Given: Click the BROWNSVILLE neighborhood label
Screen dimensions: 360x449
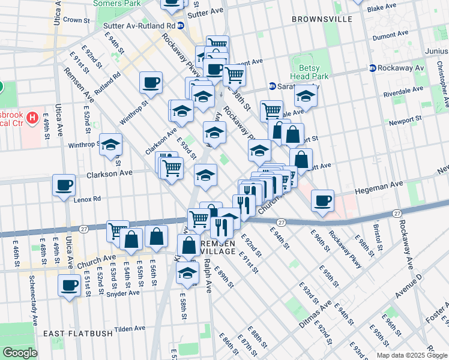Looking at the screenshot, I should tap(322, 19).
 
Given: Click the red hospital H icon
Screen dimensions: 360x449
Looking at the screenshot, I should tap(33, 117).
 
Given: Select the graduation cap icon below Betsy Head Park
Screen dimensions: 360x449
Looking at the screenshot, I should tap(306, 95).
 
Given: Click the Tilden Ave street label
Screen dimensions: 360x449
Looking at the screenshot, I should tap(130, 329).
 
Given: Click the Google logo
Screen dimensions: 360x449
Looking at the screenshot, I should tap(20, 353).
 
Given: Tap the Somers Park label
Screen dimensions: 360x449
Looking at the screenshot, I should tap(116, 4).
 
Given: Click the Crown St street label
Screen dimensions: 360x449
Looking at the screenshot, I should tap(76, 20).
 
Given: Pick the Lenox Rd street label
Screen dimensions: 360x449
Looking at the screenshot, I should tap(88, 199).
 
